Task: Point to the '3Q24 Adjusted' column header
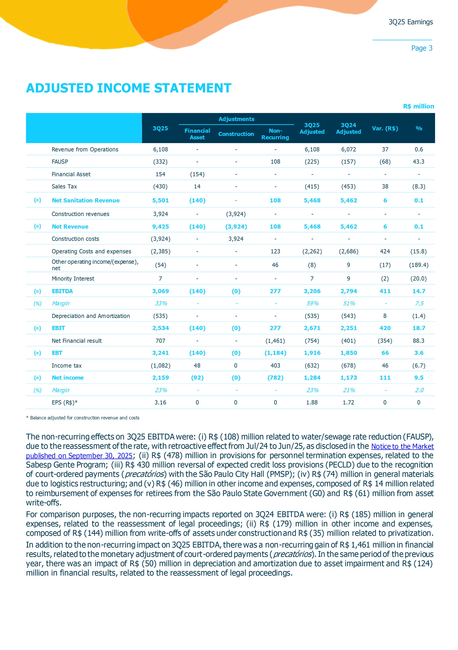coord(348,128)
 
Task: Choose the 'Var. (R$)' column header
coord(385,128)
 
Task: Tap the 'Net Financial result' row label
coord(76,341)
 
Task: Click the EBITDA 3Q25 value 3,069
coord(160,291)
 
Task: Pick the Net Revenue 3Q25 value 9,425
coord(160,227)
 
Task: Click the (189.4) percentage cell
coord(418,265)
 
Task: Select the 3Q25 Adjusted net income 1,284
coord(312,378)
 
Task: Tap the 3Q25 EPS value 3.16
coord(160,402)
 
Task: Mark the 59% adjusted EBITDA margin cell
coord(312,304)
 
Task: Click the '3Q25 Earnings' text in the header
coord(410,22)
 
